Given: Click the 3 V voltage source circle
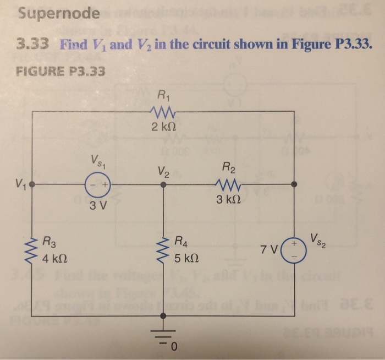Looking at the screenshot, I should pyautogui.click(x=99, y=184).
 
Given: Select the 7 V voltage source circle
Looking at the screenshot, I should pyautogui.click(x=293, y=250).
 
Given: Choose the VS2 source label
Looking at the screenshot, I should pyautogui.click(x=320, y=239).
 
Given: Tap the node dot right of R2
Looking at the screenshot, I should pyautogui.click(x=294, y=184).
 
